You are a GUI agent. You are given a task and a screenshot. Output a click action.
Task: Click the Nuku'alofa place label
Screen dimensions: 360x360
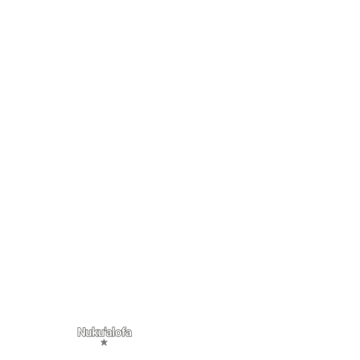pos(104,332)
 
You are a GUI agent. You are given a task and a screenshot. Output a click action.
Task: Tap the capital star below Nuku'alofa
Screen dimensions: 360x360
pos(104,343)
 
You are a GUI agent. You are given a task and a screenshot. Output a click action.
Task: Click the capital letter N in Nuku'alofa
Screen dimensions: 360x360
pos(82,332)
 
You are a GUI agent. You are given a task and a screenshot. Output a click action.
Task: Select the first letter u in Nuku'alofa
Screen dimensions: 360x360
pos(89,333)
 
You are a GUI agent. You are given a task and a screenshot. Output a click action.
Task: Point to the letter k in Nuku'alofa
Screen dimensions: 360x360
pos(96,332)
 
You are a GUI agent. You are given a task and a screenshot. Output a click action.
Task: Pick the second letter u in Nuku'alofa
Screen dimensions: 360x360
pos(102,333)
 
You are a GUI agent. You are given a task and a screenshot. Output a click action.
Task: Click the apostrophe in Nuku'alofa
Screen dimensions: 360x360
pos(106,329)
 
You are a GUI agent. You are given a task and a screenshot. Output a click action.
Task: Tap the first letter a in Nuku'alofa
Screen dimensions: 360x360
pos(110,333)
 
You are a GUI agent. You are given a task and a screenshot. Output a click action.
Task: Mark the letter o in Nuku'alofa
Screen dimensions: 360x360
pos(119,333)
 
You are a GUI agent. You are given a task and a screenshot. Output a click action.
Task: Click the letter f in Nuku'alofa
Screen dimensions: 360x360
pos(124,332)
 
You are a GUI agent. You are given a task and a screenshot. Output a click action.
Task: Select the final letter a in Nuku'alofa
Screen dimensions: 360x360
pos(129,333)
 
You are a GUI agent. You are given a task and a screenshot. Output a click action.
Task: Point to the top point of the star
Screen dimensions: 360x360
pos(104,339)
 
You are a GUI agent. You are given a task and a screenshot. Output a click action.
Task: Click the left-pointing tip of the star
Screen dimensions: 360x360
pos(100,341)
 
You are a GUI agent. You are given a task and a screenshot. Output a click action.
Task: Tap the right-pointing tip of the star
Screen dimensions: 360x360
pos(108,341)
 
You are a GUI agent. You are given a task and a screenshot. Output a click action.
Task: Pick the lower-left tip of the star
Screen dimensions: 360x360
pos(102,345)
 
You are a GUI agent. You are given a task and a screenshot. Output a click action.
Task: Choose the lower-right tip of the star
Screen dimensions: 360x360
pos(106,345)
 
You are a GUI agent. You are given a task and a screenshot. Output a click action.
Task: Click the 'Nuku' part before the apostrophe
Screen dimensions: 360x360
pos(91,332)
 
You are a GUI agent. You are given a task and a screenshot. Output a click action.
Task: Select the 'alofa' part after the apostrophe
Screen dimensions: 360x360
pos(119,332)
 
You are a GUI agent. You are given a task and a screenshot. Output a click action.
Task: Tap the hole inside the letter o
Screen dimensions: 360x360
pos(119,334)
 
